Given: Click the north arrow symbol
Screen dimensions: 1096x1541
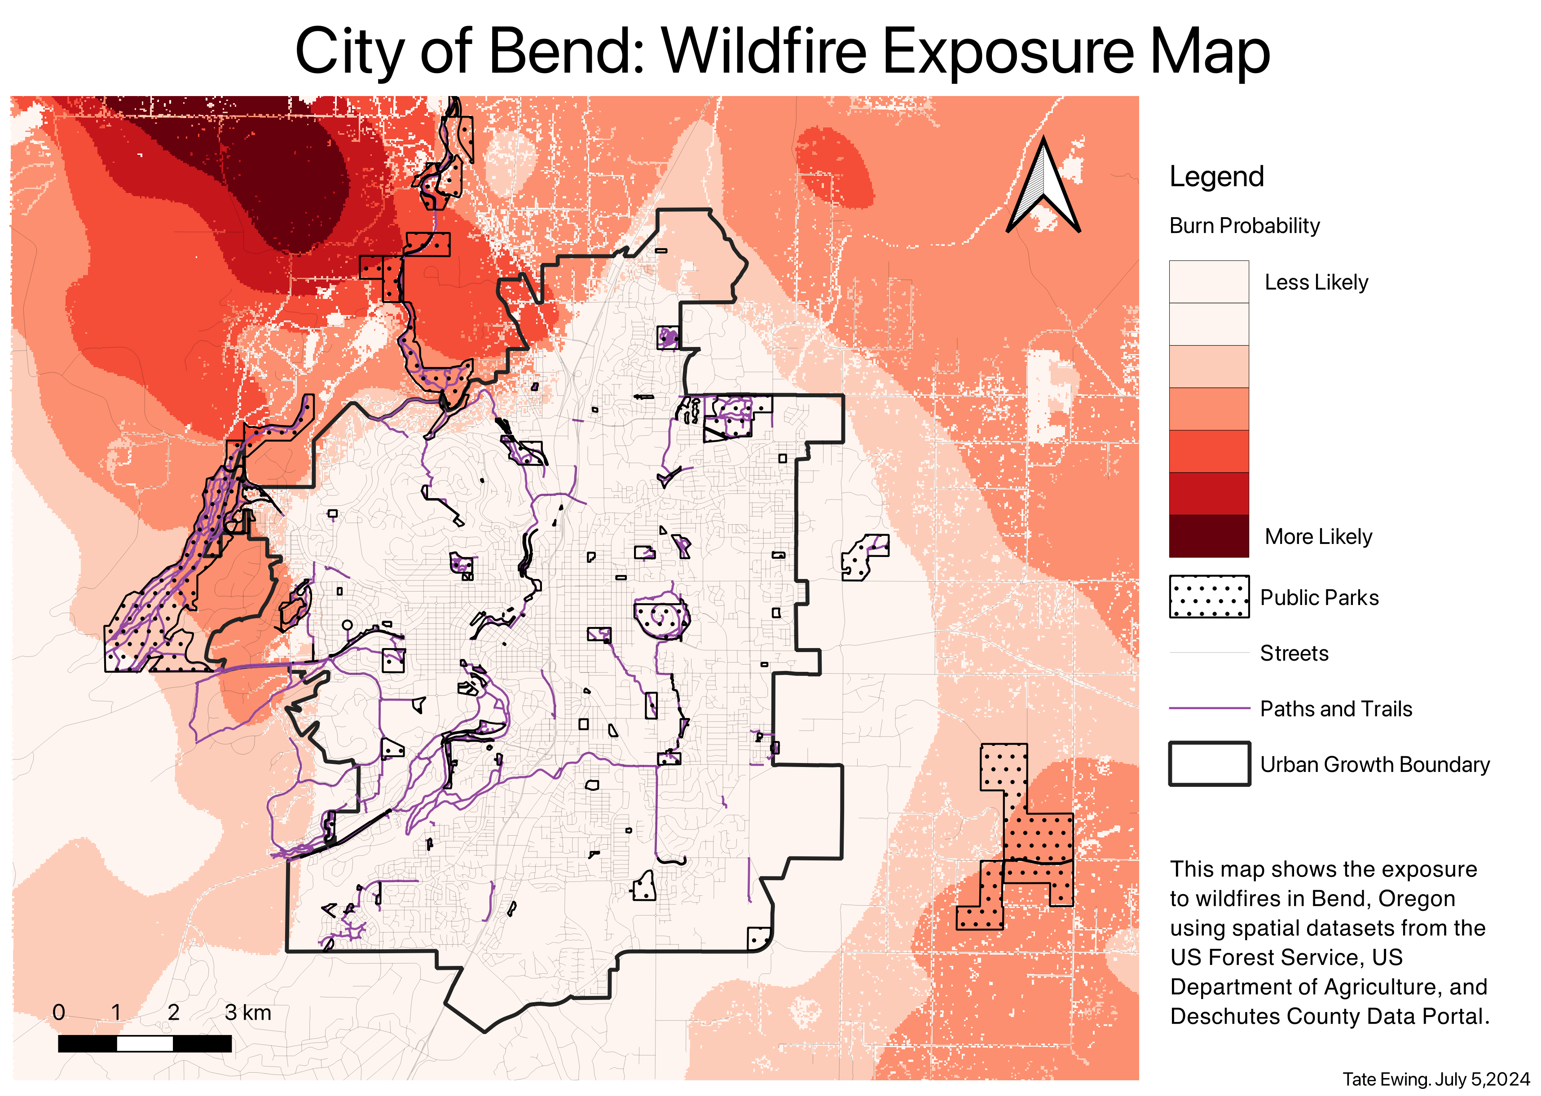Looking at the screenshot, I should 1043,186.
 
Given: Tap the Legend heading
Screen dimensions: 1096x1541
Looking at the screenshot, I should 1216,177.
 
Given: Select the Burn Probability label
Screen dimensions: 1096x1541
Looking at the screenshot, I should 1244,225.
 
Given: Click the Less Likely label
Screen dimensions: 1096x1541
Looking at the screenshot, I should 1316,282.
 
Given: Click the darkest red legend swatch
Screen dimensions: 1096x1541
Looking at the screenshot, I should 1208,536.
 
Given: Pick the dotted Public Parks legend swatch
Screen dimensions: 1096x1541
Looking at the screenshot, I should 1208,596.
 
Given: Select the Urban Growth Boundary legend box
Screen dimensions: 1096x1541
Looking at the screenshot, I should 1208,764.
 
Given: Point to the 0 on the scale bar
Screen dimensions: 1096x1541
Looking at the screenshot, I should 59,1013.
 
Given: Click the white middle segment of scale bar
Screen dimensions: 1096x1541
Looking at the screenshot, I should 145,1044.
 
